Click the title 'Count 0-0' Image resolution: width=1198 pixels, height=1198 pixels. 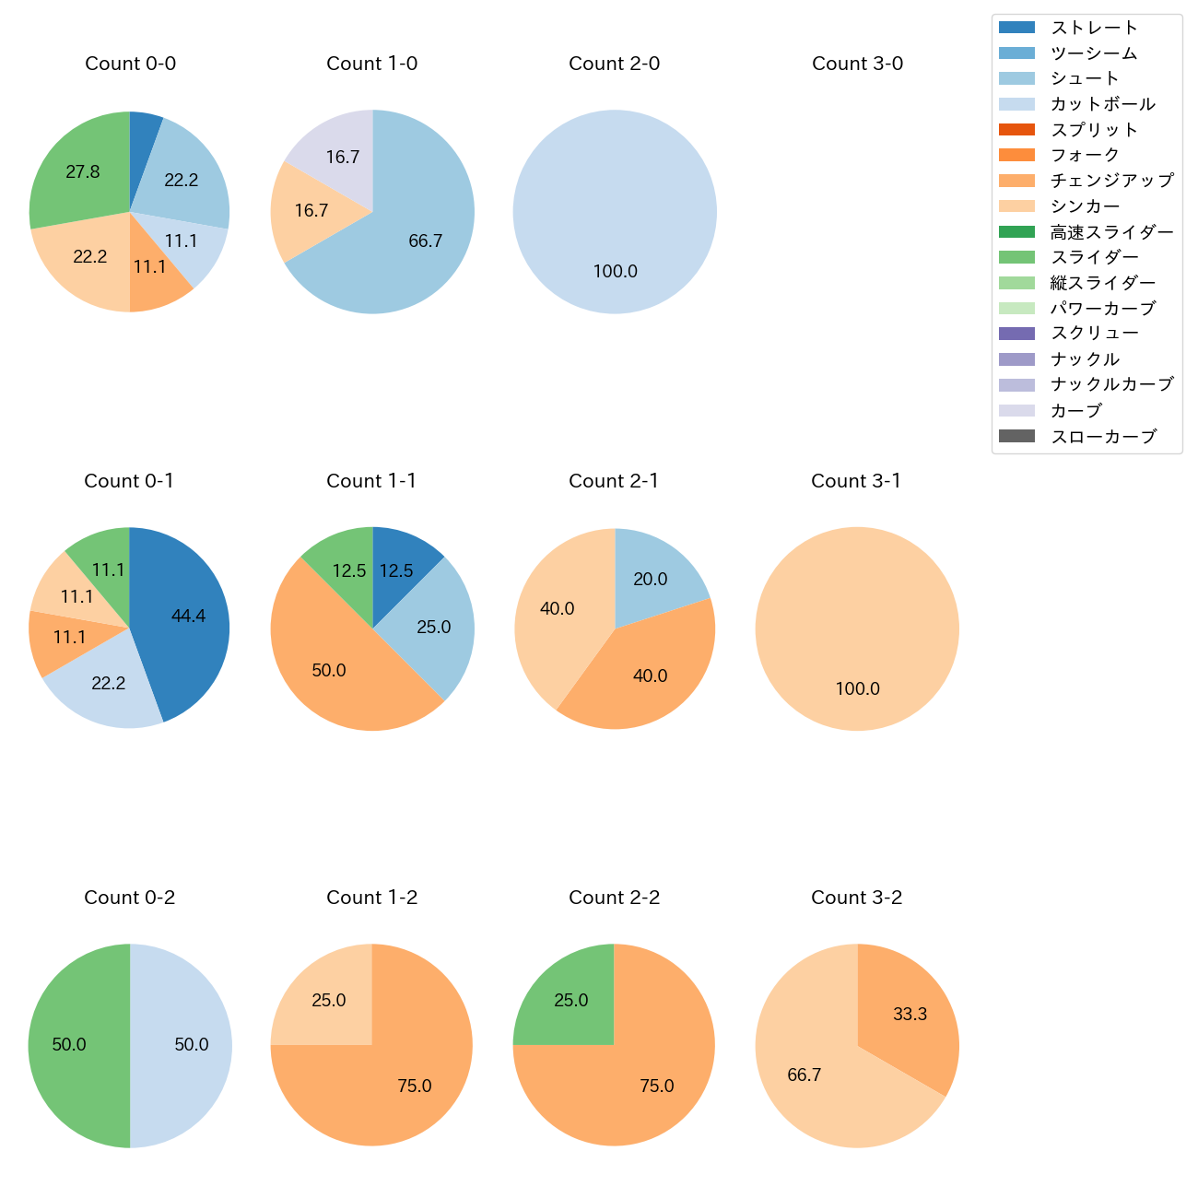click(130, 64)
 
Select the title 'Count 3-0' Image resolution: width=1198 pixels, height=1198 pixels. click(857, 64)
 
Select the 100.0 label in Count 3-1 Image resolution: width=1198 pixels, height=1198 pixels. click(857, 688)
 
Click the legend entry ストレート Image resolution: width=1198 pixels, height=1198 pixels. click(1094, 28)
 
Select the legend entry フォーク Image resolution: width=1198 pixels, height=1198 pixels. click(1085, 155)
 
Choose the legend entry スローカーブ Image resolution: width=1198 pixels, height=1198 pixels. click(1103, 437)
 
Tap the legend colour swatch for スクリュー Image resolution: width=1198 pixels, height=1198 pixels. click(1016, 334)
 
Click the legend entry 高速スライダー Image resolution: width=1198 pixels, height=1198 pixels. click(1111, 232)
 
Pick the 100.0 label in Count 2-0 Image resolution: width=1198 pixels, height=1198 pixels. click(615, 271)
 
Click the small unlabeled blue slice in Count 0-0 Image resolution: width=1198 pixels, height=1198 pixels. click(145, 134)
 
